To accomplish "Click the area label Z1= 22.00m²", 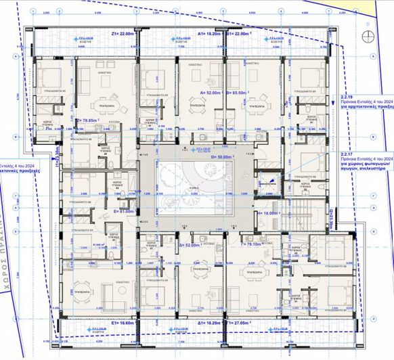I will click(124, 33).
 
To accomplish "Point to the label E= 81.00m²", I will click(125, 211).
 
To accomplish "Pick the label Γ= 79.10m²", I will click(253, 245).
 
